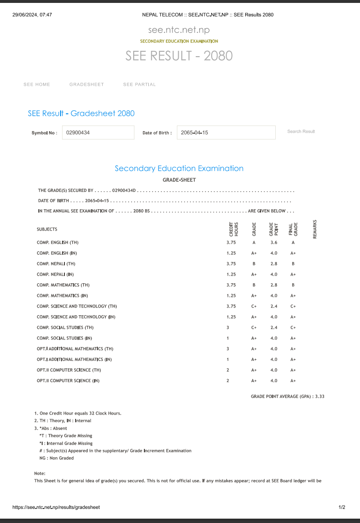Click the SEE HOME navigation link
37,85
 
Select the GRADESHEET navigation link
87,85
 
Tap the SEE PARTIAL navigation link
140,85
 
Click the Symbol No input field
98,133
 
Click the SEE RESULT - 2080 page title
179,56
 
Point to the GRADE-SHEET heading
179,180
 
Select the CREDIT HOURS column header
234,229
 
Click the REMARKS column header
315,229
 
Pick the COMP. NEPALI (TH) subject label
56,264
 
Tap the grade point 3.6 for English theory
274,243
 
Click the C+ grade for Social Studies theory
253,328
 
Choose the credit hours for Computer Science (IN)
228,381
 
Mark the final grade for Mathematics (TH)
293,285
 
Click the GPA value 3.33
319,397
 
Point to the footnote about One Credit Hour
78,414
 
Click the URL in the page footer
56,508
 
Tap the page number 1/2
342,508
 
